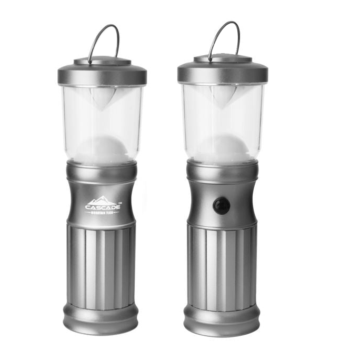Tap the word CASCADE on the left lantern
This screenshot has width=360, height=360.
coord(103,207)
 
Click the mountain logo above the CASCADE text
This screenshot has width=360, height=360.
coord(102,200)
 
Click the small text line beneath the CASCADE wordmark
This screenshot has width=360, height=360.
coord(102,213)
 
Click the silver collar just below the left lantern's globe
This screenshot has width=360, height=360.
coord(102,171)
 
